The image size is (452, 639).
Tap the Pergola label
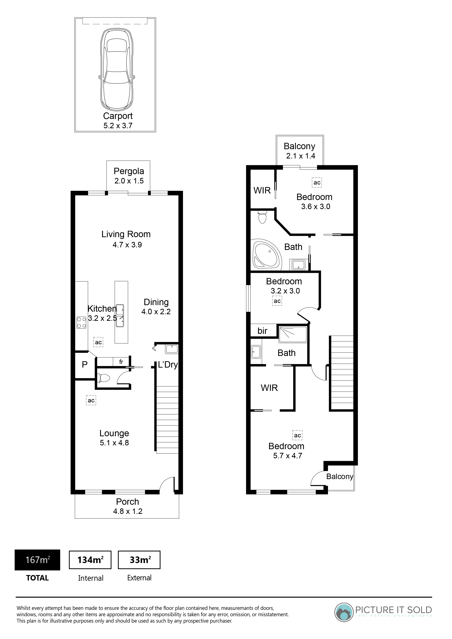click(x=129, y=171)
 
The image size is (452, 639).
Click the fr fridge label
click(x=121, y=362)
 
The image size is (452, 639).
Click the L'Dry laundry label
click(x=168, y=365)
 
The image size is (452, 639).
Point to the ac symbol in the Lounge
click(x=91, y=401)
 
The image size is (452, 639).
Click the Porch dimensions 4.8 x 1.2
click(x=128, y=511)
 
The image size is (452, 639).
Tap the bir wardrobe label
click(x=262, y=331)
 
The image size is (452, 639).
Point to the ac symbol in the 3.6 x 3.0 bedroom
click(x=317, y=183)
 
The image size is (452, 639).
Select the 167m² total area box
click(x=37, y=560)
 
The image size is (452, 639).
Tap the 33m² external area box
click(x=139, y=560)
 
